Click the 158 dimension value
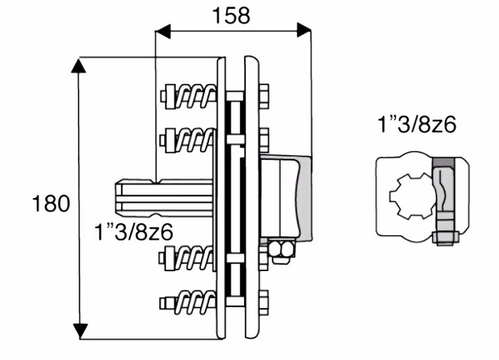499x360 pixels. (231, 15)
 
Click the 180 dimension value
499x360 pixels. (51, 203)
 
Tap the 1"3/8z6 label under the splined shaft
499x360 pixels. (133, 231)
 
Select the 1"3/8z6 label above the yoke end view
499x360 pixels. (417, 124)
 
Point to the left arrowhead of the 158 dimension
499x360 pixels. (163, 31)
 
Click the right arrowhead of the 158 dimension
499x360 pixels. (304, 31)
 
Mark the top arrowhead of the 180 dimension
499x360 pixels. (79, 65)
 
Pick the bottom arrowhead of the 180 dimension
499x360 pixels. (80, 332)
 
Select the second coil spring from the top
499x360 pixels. (195, 140)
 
